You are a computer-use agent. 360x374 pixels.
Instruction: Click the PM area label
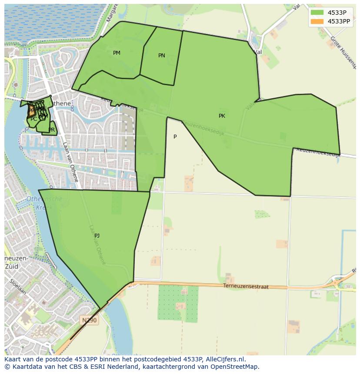coord(117,53)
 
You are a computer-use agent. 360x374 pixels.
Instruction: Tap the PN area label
coord(162,56)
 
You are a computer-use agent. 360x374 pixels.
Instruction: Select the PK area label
coord(222,116)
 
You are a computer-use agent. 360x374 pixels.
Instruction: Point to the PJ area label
coord(97,236)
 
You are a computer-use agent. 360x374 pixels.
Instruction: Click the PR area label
coord(52,130)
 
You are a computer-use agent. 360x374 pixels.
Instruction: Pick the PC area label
coord(33,119)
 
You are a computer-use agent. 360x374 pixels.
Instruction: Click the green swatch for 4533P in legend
coord(317,13)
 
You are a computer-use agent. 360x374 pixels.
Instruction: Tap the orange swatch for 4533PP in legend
coord(317,21)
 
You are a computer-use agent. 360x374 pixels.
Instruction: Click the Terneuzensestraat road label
coord(246,287)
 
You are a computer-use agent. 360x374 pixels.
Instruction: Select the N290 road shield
coord(90,320)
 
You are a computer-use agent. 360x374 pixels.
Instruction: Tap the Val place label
coord(258,52)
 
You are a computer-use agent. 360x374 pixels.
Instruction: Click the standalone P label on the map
coord(175,137)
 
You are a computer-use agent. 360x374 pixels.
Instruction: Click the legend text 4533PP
coord(339,21)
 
